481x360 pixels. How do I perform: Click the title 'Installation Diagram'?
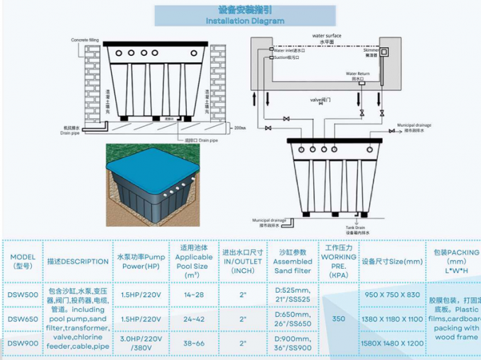(245, 21)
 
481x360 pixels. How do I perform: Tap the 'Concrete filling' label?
(84, 40)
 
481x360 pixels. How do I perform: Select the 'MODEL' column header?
(23, 261)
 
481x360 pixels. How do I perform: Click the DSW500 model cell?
(23, 294)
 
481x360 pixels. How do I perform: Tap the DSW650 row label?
(23, 319)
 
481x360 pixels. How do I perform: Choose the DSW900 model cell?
(23, 343)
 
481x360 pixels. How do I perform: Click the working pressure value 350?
(339, 319)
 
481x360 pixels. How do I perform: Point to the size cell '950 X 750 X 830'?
(393, 294)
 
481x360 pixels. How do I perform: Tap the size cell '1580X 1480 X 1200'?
(393, 343)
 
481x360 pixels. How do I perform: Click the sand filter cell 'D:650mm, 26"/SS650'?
(294, 319)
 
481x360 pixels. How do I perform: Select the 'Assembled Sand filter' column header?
(294, 261)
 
